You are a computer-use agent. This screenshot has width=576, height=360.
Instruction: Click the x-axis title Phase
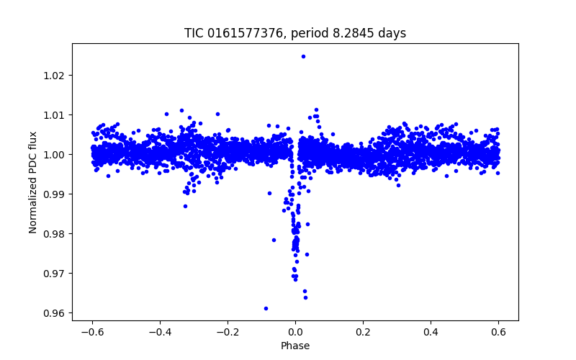point(295,346)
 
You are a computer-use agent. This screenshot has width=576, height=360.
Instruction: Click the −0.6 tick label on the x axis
point(92,332)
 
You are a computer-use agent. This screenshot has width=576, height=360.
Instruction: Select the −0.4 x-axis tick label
point(160,332)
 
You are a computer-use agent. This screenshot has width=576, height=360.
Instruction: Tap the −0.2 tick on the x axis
point(228,332)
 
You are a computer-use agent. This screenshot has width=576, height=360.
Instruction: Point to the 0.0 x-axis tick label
point(295,332)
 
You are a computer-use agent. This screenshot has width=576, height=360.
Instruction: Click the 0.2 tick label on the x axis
point(363,332)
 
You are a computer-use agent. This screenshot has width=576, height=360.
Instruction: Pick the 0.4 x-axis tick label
point(431,332)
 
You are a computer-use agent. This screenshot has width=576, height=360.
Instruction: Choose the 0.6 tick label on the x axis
point(498,332)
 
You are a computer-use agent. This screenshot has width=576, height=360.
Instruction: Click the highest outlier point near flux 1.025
point(303,56)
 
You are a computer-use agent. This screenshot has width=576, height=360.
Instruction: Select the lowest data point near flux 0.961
point(266,308)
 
